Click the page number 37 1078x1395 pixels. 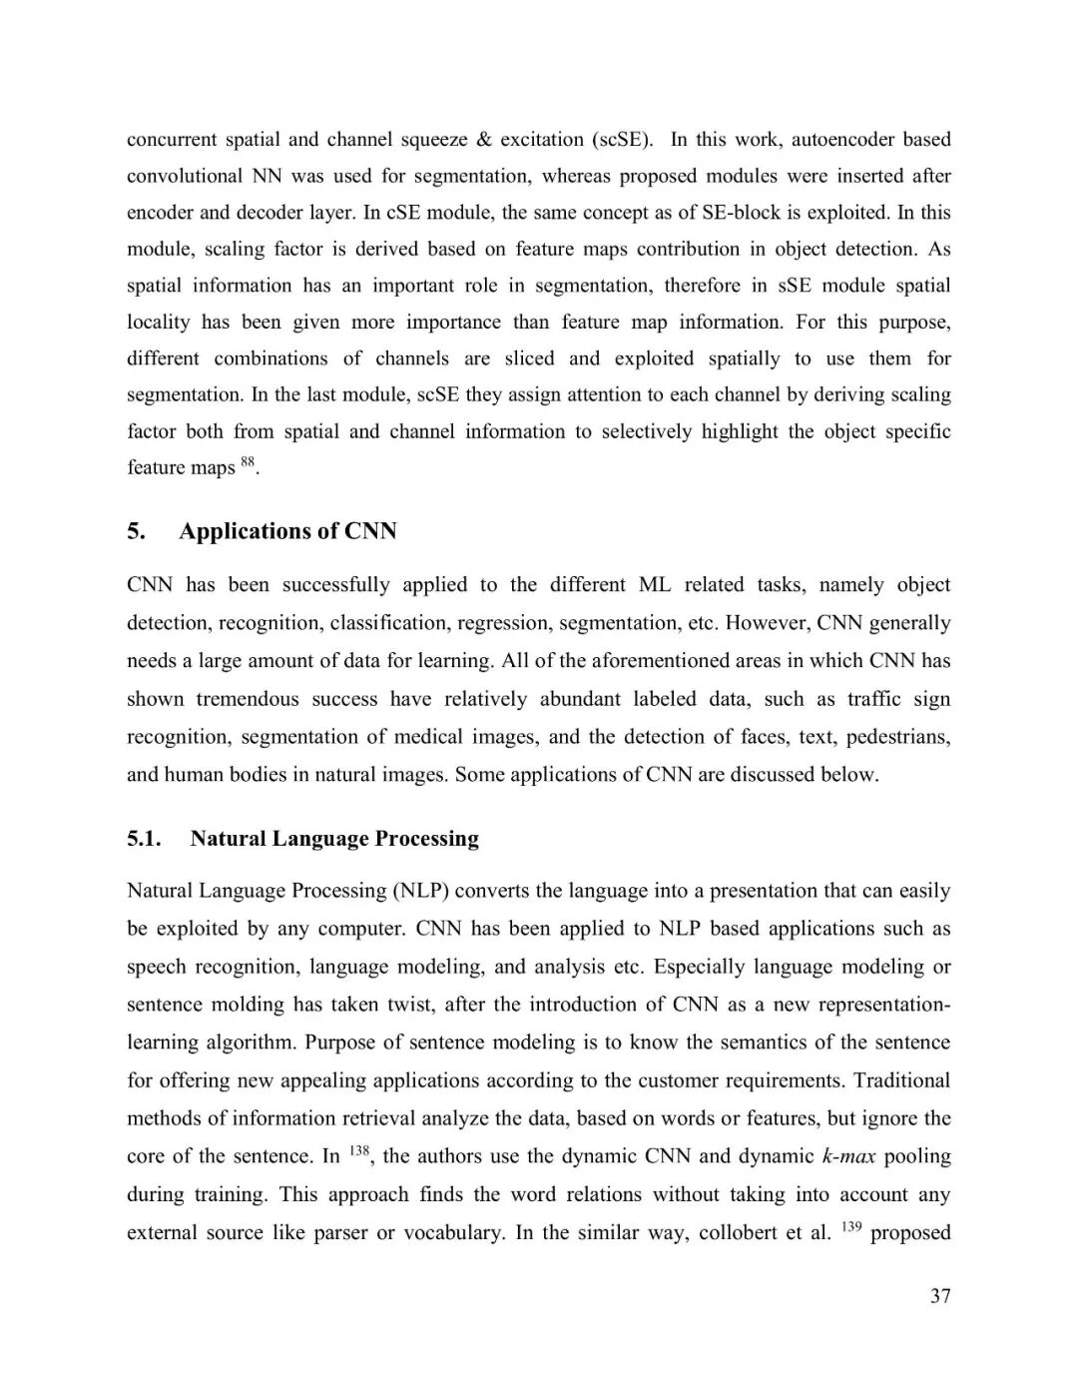pos(940,1296)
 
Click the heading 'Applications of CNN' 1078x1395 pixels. pos(287,531)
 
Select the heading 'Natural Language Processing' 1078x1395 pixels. pos(334,839)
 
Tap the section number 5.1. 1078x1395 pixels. pos(144,839)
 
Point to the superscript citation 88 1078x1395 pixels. pos(249,461)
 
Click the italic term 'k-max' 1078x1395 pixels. pos(848,1156)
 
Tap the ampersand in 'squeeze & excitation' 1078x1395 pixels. pos(484,140)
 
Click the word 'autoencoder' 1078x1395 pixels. pos(843,140)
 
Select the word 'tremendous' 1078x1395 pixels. pos(248,699)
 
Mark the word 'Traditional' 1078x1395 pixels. pos(901,1080)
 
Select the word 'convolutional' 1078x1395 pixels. pos(185,177)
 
